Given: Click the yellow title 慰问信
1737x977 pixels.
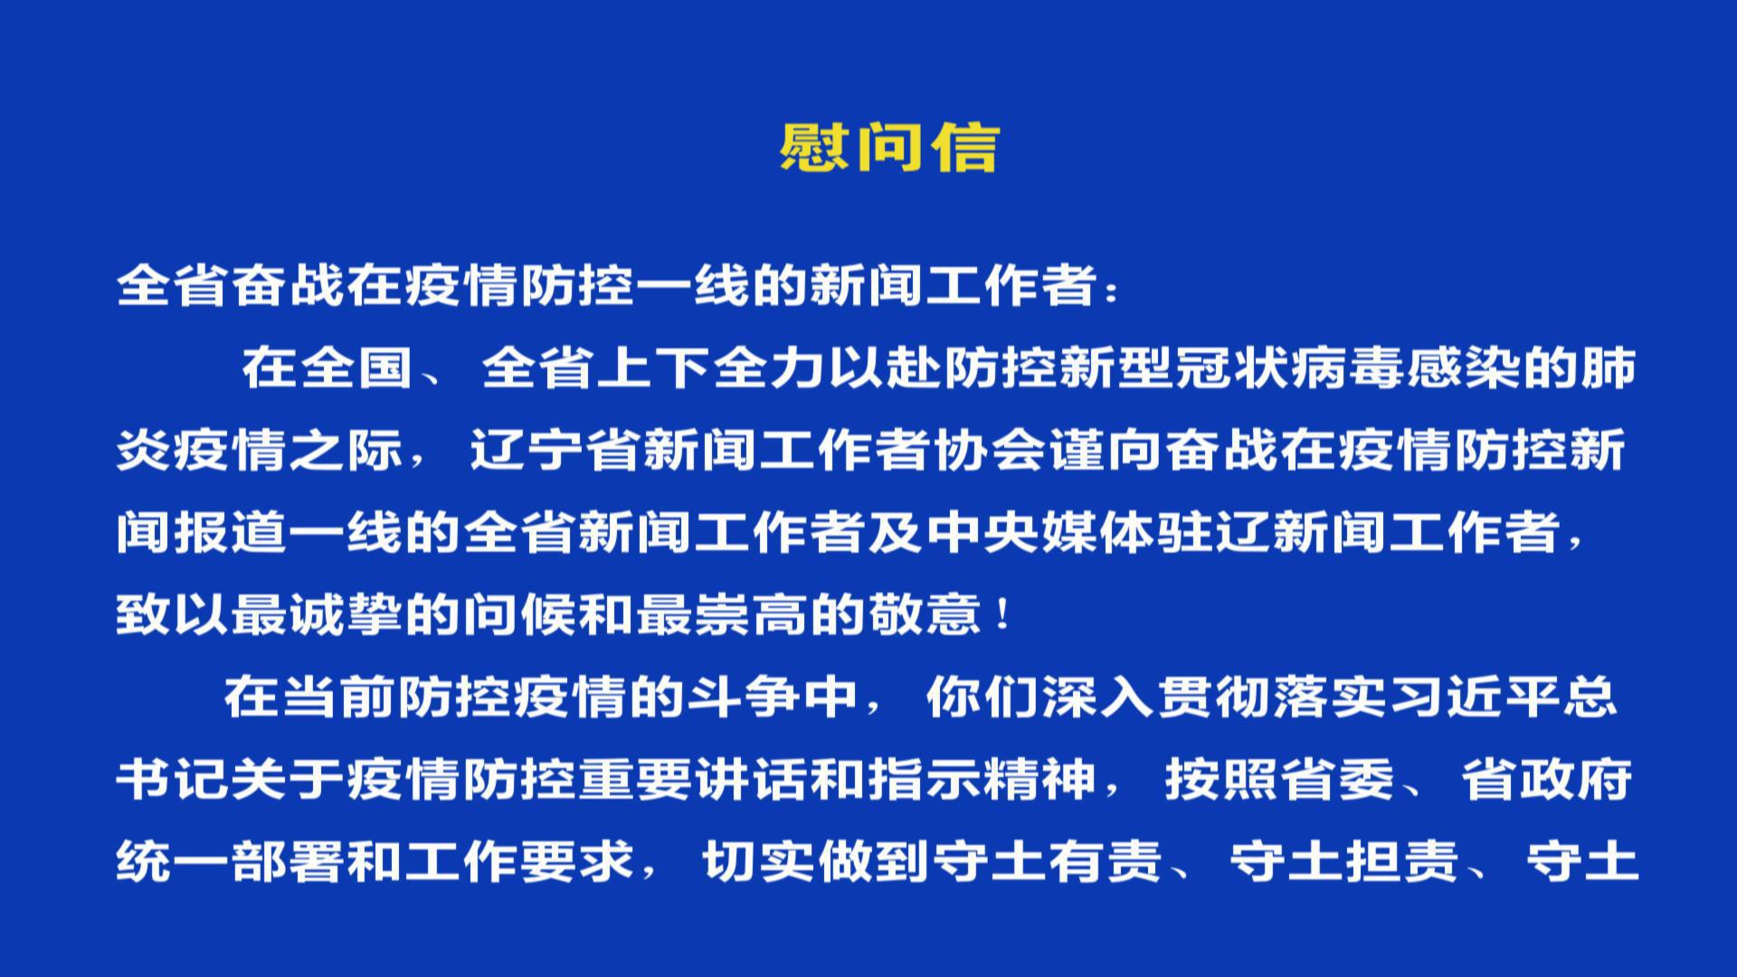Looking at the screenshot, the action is [x=889, y=147].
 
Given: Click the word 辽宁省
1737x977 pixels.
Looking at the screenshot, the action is [x=555, y=451].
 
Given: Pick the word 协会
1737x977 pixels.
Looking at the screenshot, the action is [x=992, y=451].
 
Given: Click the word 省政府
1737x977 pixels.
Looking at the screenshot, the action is [x=1547, y=779].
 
